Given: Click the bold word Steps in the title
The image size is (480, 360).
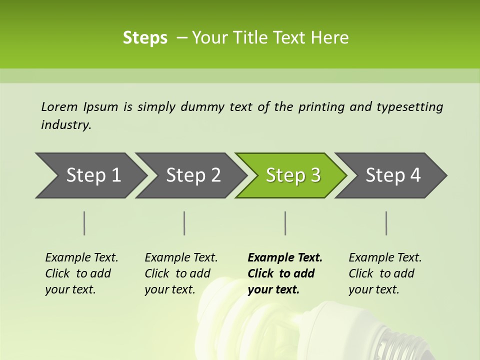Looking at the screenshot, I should click(x=145, y=38).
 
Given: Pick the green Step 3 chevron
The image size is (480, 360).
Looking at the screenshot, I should click(x=293, y=175).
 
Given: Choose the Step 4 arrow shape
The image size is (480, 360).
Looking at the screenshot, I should click(x=393, y=175).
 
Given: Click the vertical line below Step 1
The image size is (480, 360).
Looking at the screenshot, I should click(x=84, y=223).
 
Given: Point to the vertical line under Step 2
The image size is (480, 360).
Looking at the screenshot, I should click(x=184, y=223).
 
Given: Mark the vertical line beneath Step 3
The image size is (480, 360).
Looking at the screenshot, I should click(x=285, y=223).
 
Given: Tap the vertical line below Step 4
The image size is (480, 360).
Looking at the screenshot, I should click(x=386, y=223).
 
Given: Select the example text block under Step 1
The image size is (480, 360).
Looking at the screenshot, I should click(x=81, y=273).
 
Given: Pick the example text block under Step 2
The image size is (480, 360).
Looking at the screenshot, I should click(x=181, y=273).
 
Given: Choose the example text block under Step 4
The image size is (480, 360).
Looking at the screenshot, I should click(x=385, y=273).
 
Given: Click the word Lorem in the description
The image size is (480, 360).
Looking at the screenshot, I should click(x=59, y=106).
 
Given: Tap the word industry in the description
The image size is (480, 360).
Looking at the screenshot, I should click(x=65, y=125).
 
